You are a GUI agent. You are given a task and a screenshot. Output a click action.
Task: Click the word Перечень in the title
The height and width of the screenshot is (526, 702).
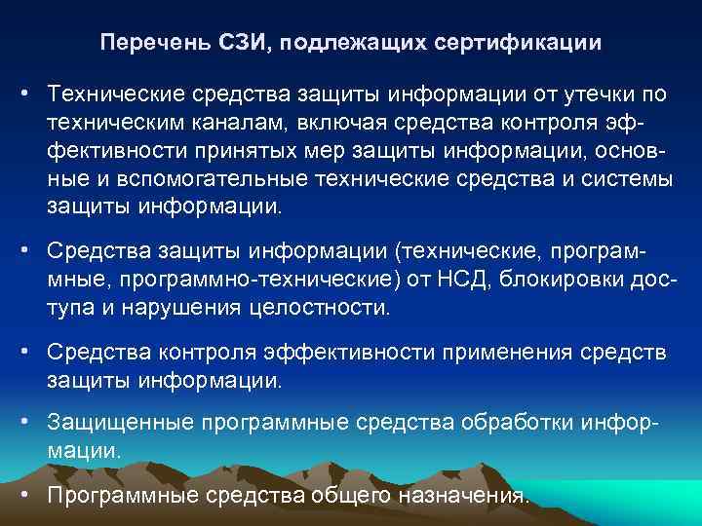point(144,44)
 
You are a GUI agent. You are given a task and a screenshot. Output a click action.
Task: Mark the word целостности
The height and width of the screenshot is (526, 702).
point(330,310)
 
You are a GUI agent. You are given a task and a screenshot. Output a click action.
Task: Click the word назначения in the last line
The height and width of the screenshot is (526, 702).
point(466,496)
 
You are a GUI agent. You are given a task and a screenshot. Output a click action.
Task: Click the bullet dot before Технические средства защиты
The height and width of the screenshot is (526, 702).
point(29,95)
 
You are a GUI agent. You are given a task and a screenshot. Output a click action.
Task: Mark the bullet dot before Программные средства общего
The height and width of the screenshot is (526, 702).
point(29,496)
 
